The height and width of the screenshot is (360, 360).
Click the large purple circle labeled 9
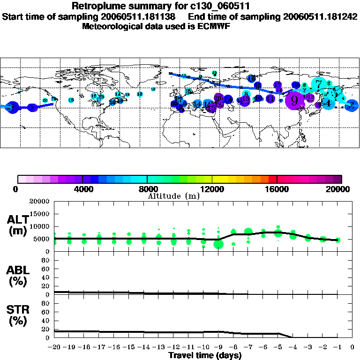[294, 99]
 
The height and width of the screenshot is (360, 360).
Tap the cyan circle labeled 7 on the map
[319, 85]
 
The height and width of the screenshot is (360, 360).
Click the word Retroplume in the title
[96, 7]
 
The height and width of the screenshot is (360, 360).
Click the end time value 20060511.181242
[315, 16]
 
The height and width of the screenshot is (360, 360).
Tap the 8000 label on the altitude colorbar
[147, 189]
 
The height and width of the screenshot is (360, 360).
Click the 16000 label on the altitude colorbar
[277, 189]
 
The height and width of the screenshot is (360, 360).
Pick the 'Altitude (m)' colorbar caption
[173, 196]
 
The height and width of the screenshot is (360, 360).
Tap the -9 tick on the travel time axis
[218, 347]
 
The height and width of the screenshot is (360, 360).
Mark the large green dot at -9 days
[218, 244]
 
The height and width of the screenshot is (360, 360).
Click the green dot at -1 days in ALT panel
[338, 240]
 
